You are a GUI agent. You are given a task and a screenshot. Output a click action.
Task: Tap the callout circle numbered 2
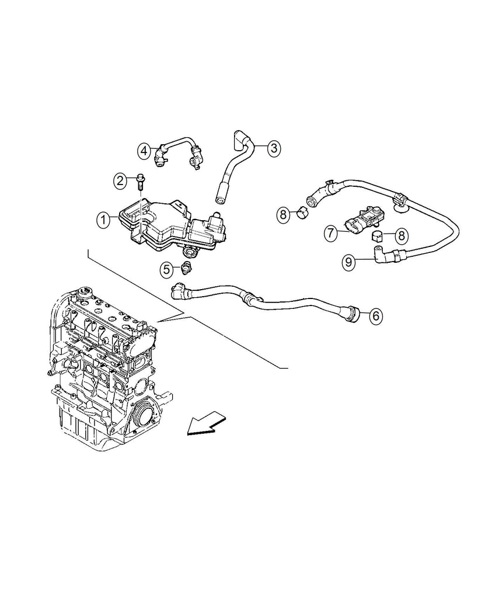[120, 180]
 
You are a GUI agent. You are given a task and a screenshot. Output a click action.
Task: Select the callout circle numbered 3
[274, 148]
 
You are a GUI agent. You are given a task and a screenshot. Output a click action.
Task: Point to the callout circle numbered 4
[144, 151]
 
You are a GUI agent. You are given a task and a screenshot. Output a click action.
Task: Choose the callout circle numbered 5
[167, 269]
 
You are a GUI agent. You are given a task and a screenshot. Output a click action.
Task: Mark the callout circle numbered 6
[375, 316]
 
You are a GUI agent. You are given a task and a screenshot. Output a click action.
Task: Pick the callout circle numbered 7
[331, 234]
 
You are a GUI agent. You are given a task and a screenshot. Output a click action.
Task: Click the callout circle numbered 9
[348, 262]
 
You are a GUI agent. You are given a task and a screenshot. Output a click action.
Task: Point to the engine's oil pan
[82, 423]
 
